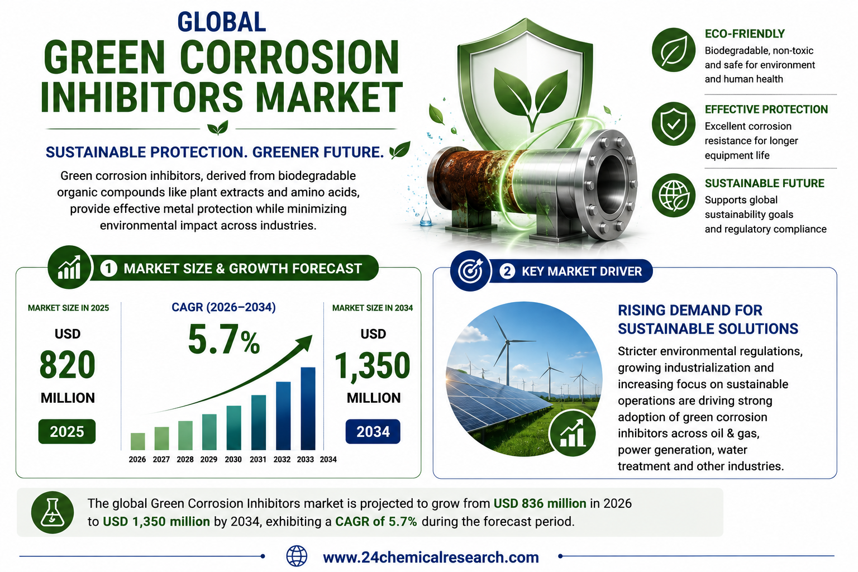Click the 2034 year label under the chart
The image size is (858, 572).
328,459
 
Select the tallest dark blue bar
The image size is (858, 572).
308,408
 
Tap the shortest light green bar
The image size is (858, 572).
138,441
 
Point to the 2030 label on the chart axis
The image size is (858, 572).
233,459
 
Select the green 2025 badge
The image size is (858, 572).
67,431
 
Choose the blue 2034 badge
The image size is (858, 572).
373,432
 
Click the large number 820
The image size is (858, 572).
68,365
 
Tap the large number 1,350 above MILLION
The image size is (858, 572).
373,366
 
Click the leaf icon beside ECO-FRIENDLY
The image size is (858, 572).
674,50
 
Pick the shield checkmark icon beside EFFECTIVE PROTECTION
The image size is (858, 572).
674,124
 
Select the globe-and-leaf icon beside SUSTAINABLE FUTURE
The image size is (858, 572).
674,196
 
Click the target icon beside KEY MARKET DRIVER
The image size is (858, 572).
470,271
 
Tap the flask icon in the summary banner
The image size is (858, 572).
53,513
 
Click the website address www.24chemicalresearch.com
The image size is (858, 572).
431,557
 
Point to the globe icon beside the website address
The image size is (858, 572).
297,556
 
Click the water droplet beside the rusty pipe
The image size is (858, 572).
426,219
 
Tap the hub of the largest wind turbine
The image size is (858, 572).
508,341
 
